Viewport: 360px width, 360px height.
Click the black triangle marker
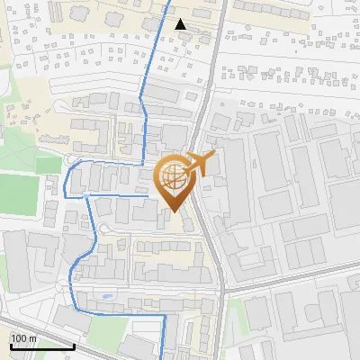(x=181, y=24)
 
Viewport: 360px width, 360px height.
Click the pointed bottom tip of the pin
(x=173, y=211)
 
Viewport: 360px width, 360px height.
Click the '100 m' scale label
(x=22, y=337)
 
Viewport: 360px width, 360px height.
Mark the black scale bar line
(x=41, y=346)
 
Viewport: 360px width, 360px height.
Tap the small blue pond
(x=109, y=294)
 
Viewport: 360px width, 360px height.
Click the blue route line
(x=143, y=126)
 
